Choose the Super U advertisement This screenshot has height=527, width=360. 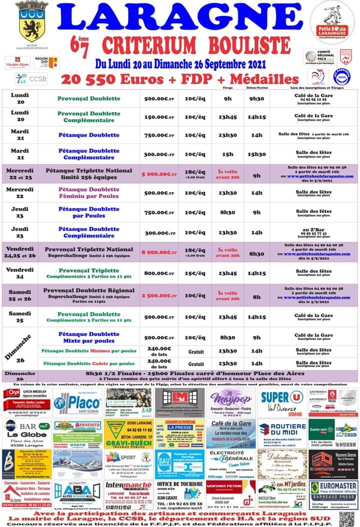pos(282,402)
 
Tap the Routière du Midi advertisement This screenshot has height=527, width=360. pos(282,433)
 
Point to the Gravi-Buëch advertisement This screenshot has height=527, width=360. pos(127,433)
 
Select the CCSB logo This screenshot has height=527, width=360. pos(31,78)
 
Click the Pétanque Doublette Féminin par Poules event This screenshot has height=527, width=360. pos(89,192)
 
